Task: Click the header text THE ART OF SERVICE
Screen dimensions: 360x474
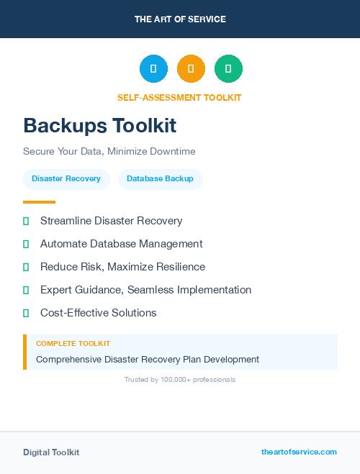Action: coord(180,19)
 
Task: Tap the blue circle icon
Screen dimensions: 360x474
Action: coord(153,69)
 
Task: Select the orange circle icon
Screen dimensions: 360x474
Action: coord(191,69)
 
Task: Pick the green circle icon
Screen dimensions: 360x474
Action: coord(228,69)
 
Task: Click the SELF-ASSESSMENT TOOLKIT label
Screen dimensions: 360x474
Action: coord(180,98)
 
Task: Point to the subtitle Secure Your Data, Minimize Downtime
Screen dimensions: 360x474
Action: coord(109,152)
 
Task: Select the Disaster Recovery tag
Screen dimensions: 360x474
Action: coord(66,178)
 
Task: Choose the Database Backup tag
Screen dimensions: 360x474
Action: coord(160,178)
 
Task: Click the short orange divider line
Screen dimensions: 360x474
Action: coord(39,202)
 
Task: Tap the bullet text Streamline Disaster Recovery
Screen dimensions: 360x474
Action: coord(112,221)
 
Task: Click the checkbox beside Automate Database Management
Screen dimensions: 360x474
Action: coord(26,244)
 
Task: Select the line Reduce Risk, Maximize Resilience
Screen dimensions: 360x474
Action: coord(122,267)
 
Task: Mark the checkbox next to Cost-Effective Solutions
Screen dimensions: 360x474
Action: coord(26,313)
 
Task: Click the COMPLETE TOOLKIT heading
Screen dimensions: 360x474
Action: coord(73,344)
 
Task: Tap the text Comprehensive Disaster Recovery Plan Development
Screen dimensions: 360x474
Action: coord(148,359)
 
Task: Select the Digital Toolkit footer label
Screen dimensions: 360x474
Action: coord(51,452)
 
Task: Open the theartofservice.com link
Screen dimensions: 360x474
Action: coord(299,452)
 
